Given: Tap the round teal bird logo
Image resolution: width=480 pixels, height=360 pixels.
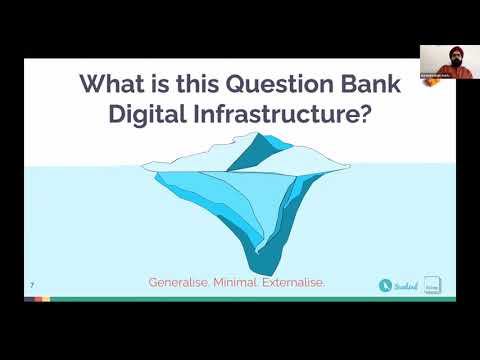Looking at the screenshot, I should point(384,285).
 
